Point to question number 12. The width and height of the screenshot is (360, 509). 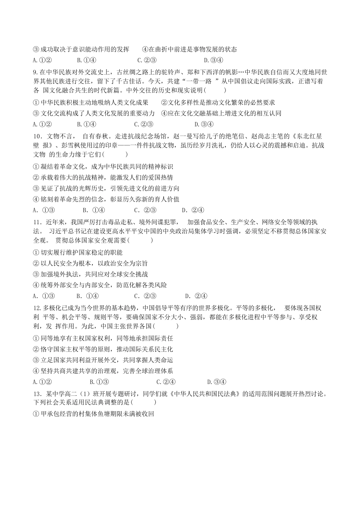coord(36,308)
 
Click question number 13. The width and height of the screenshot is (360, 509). coord(37,394)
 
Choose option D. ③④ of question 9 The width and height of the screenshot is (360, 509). coord(204,124)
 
